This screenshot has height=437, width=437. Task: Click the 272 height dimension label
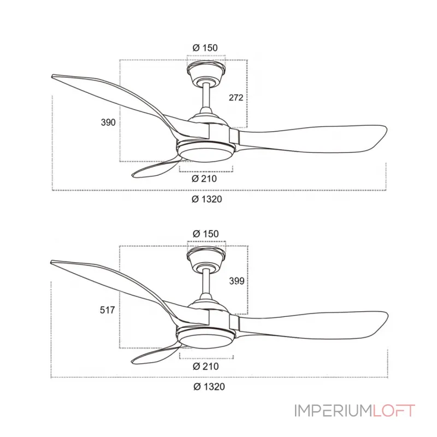pos(236,98)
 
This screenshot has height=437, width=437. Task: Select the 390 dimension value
pos(108,122)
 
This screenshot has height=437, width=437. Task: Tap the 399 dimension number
pos(237,281)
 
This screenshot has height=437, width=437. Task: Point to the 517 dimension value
pos(107,310)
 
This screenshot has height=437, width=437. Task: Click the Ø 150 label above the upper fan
pos(205,48)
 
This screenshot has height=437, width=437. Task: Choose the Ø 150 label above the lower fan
pos(206,234)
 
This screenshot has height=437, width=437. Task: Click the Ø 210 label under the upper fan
pos(204,179)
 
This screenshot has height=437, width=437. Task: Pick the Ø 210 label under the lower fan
pos(206,366)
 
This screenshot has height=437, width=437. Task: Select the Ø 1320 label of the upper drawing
pos(207,199)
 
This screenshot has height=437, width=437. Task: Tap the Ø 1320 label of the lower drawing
pos(209,387)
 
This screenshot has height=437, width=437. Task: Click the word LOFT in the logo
pos(394,411)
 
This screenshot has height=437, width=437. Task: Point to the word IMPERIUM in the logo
pos(333,411)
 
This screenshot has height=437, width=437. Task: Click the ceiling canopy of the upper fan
pos(206,71)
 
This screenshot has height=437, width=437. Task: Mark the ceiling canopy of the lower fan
pos(206,257)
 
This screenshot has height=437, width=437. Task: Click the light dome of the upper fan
pos(206,152)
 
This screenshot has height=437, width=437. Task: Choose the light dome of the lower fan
pos(206,338)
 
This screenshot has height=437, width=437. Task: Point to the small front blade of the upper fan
pos(156,168)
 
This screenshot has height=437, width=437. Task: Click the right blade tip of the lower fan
pos(388,315)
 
